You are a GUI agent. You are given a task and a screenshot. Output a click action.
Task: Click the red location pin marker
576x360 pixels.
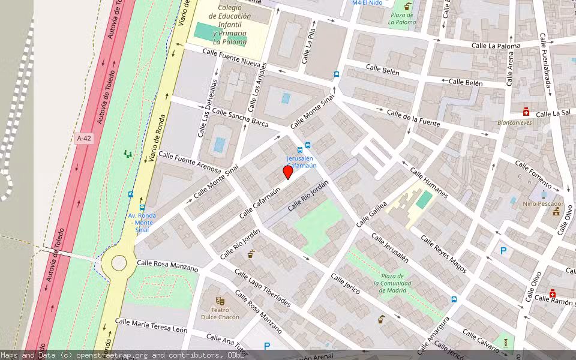[x=288, y=172]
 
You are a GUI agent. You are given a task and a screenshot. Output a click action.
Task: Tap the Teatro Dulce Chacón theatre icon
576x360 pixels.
[x=220, y=299]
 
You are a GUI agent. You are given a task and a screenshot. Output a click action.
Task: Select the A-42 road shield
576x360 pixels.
[x=84, y=139]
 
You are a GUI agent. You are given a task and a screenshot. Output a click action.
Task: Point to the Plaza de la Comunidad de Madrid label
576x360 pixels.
[x=395, y=283]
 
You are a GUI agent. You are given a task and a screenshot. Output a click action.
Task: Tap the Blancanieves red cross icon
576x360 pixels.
[x=526, y=112]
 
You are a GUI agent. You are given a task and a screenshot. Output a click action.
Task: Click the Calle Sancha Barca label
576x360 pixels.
[x=240, y=118]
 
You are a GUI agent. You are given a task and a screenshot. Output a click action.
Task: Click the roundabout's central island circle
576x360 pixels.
[x=119, y=263]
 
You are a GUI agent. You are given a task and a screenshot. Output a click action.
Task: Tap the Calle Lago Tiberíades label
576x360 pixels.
[x=263, y=288]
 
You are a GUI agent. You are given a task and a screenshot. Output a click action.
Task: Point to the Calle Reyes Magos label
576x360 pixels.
[x=443, y=254]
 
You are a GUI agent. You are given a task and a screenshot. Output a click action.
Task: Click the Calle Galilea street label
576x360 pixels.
[x=372, y=213]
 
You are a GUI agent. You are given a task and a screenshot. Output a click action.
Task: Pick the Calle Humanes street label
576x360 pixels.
[x=429, y=183]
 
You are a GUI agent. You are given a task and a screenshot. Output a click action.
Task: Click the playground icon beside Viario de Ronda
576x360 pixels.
[x=127, y=154]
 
